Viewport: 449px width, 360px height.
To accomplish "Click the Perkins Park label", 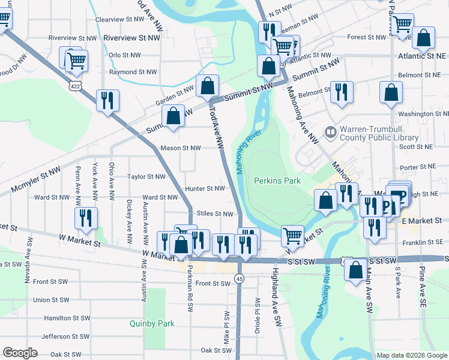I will click(x=277, y=180).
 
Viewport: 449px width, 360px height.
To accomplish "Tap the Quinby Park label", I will click(x=152, y=323).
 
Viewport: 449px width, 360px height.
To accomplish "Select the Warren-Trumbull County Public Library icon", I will click(x=330, y=131).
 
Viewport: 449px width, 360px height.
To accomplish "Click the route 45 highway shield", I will click(x=240, y=279).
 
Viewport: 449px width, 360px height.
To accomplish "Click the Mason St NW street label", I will click(x=180, y=148).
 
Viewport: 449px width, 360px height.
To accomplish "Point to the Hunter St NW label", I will click(x=205, y=188).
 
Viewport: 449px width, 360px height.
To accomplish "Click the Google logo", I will click(x=20, y=353).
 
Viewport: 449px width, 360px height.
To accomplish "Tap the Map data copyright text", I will click(x=411, y=355).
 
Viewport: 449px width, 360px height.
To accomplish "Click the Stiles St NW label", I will click(x=214, y=214).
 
